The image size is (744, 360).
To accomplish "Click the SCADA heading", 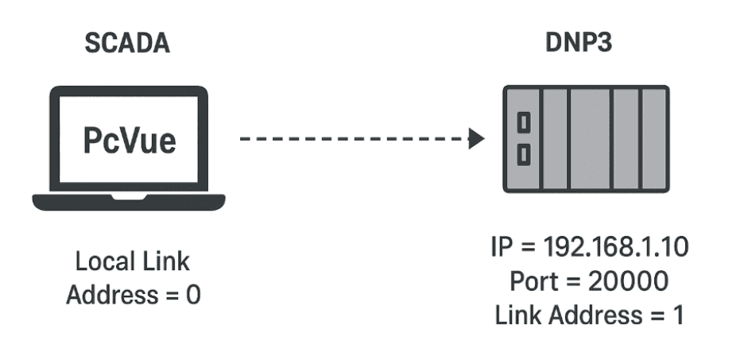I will point(129,45).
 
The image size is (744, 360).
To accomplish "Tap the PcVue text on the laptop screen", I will point(129,141).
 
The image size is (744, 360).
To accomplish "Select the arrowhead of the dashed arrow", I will point(476,140).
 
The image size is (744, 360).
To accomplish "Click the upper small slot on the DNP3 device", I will point(524,123).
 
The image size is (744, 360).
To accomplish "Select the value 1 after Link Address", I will point(678,315).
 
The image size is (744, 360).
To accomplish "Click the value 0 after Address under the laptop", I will point(194,295).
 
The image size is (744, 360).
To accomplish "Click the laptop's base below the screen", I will point(129,201).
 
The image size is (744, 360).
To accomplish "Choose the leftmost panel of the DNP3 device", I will point(523,139).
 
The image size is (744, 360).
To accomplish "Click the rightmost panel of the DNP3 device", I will point(654,139).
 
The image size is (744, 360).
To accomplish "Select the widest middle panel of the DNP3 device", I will point(590,139).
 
